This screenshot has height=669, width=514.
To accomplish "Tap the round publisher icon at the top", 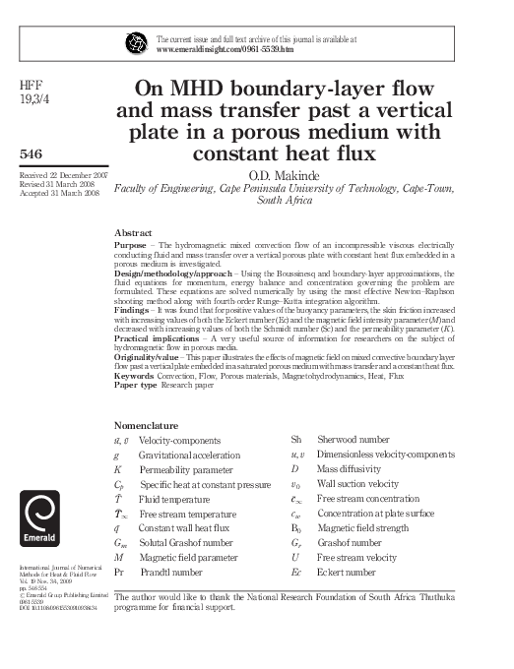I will pyautogui.click(x=136, y=42).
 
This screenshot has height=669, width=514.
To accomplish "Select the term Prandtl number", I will pyautogui.click(x=169, y=571).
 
